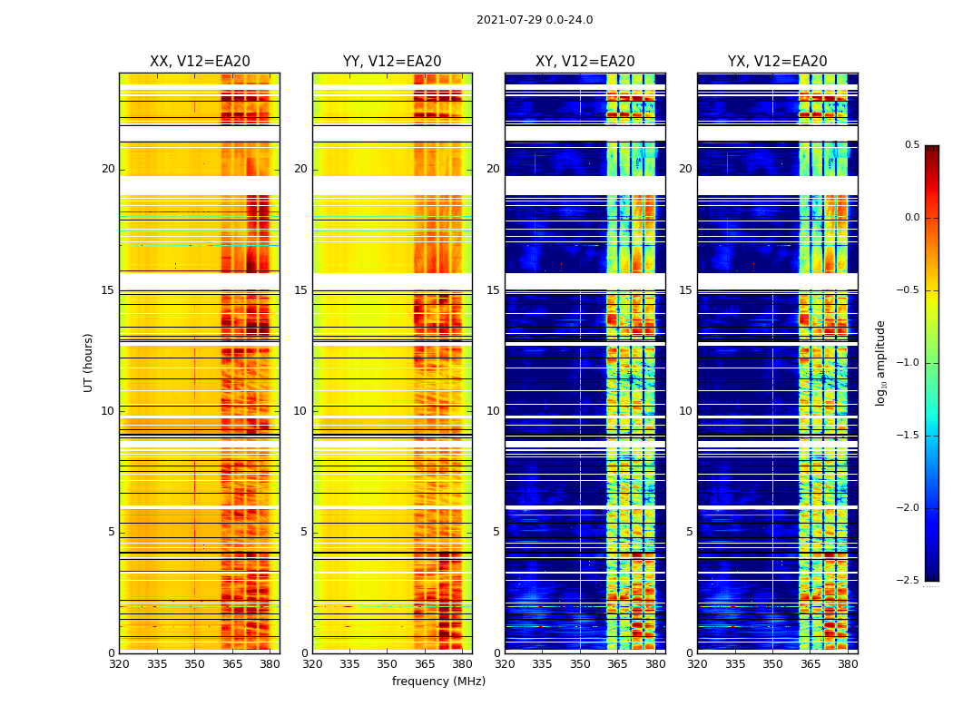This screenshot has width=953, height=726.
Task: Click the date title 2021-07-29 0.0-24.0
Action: click(x=535, y=20)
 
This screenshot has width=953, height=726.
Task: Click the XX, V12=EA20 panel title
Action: click(x=200, y=62)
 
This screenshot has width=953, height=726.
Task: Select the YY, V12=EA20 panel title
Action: click(x=392, y=62)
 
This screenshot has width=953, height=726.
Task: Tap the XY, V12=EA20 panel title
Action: click(x=585, y=62)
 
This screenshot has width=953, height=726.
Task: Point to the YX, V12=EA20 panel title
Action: click(x=777, y=62)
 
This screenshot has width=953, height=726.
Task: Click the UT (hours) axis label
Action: click(x=88, y=362)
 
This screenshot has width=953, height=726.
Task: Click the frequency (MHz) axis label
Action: click(x=438, y=682)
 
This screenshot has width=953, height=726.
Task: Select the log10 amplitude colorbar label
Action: click(x=880, y=362)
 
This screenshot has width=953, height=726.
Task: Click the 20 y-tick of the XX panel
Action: click(x=108, y=169)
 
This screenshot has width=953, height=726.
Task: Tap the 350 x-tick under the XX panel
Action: click(x=194, y=663)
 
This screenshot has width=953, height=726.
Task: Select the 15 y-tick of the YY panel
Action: click(x=300, y=290)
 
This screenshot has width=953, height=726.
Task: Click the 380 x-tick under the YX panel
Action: click(x=848, y=663)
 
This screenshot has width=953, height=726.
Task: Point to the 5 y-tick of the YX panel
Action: click(x=689, y=532)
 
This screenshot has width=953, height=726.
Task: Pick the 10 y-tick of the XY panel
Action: click(x=493, y=411)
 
